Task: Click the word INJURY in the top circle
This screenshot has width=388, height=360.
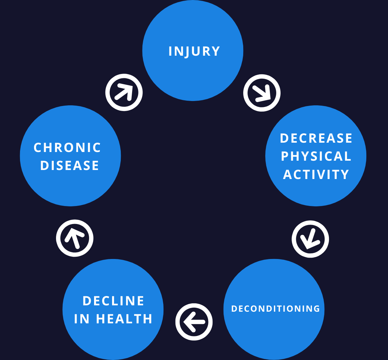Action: (x=194, y=51)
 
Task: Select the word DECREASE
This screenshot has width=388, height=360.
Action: (x=316, y=138)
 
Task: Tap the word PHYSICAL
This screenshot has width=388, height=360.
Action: (x=316, y=156)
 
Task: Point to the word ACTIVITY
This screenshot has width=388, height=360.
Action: (x=316, y=174)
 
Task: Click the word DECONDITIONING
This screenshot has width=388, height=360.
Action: (x=276, y=309)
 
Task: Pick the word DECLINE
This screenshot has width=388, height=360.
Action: (x=113, y=301)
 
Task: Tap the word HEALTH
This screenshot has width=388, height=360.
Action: (x=124, y=319)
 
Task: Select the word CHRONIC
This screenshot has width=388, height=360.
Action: (x=67, y=148)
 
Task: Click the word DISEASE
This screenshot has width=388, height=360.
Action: (x=69, y=165)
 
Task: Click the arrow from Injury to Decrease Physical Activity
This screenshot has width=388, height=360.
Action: (x=262, y=93)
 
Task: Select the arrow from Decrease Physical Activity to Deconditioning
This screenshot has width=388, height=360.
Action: (x=310, y=239)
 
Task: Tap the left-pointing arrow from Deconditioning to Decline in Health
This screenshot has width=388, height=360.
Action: (x=194, y=322)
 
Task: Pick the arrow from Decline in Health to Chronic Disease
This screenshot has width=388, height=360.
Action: (x=74, y=238)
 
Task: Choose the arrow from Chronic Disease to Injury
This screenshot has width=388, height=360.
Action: (x=124, y=92)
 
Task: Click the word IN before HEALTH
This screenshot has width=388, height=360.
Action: (x=81, y=319)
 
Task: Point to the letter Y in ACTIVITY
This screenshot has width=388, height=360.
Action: (x=344, y=174)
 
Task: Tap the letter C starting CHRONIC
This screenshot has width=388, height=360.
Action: (x=38, y=148)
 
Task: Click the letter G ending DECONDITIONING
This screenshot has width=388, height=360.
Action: (x=317, y=309)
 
